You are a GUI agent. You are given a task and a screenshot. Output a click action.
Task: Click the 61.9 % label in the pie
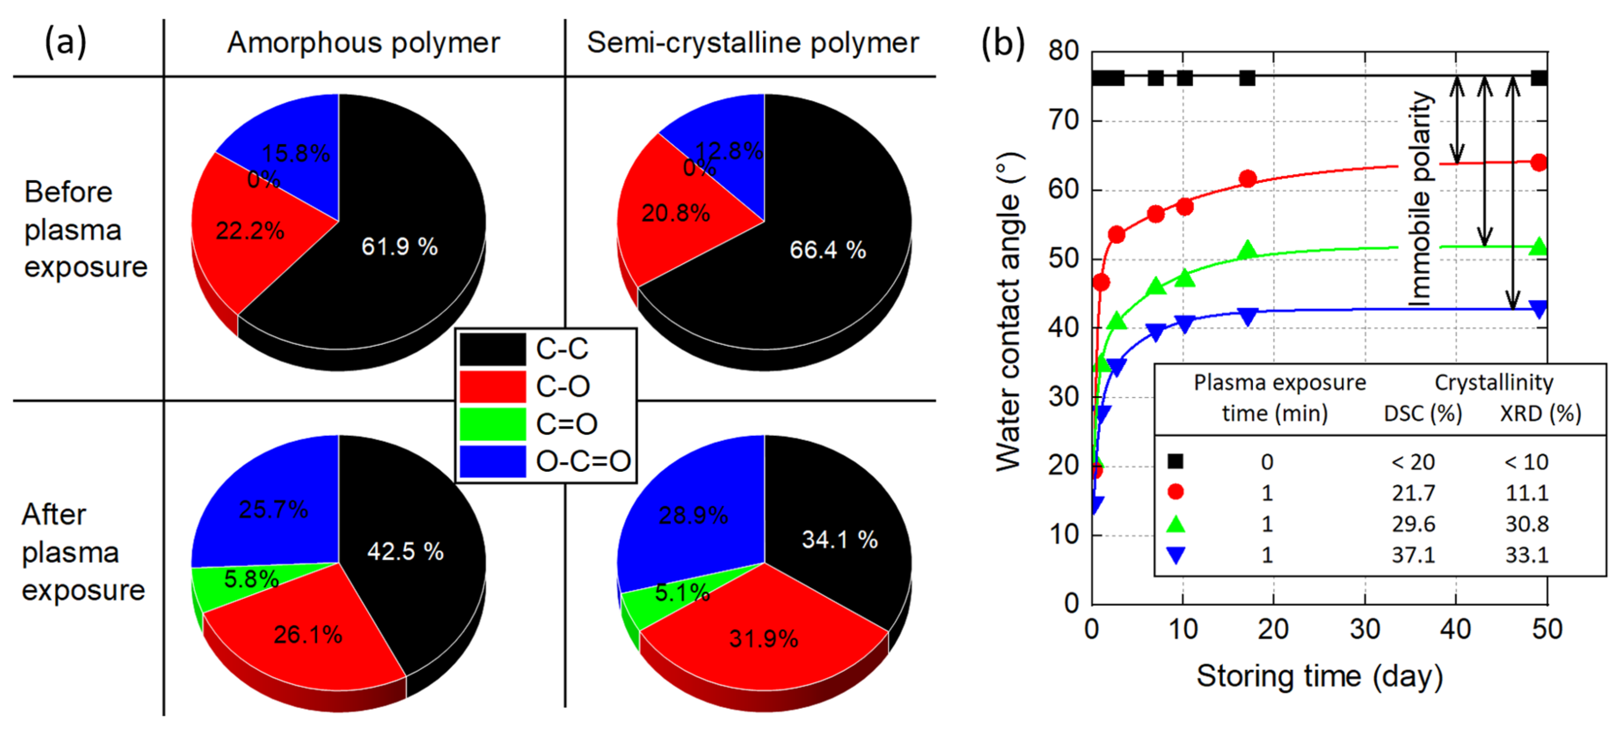coord(399,247)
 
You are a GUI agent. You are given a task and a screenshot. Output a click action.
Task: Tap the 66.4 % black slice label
coord(827,250)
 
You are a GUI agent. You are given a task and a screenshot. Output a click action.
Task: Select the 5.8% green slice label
coord(251,579)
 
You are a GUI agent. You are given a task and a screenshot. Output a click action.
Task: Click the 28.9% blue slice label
coord(693,516)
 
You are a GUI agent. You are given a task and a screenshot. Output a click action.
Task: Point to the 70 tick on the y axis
coord(1063,120)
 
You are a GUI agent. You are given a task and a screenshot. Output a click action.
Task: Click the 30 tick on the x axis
coord(1364,629)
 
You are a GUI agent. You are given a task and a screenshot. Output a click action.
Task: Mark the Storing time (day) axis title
coord(1319,677)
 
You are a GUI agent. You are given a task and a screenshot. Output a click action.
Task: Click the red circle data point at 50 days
coord(1539,163)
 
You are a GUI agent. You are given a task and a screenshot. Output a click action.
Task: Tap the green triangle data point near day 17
coord(1247,251)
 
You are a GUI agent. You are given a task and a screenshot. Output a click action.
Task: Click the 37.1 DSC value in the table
coord(1413,555)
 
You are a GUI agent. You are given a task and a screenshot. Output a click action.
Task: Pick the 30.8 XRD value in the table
coord(1527,524)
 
